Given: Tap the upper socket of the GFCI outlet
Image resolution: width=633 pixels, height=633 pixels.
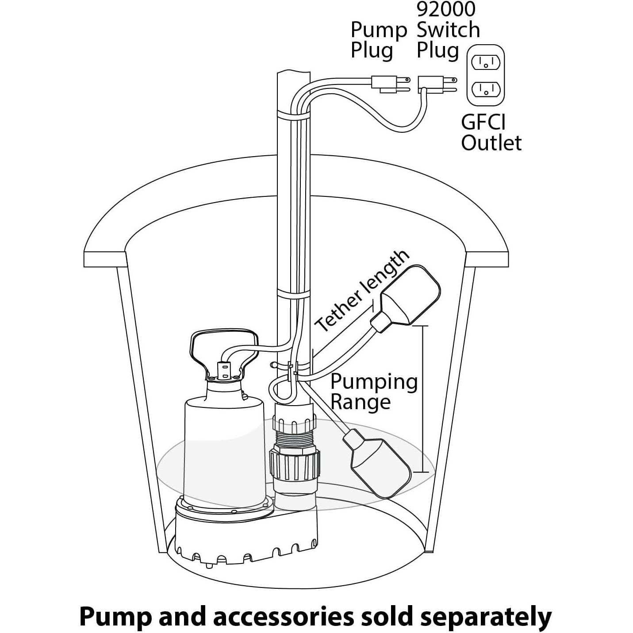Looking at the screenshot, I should pyautogui.click(x=486, y=62).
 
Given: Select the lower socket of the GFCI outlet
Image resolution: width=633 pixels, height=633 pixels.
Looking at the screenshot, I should pyautogui.click(x=486, y=89).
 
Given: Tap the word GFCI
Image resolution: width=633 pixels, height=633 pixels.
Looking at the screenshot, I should pyautogui.click(x=483, y=122).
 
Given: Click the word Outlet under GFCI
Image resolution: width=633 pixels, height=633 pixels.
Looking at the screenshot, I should pyautogui.click(x=491, y=143).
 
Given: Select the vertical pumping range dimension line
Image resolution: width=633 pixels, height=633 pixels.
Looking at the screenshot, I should pyautogui.click(x=423, y=398).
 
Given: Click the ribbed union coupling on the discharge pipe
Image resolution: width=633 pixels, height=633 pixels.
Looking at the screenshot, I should pyautogui.click(x=293, y=464).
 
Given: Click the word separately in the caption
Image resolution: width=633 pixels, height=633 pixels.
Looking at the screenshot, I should pyautogui.click(x=485, y=617).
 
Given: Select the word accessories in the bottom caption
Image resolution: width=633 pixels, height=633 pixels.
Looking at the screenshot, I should pyautogui.click(x=283, y=617).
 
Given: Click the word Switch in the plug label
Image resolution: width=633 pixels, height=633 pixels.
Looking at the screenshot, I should pyautogui.click(x=448, y=30).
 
